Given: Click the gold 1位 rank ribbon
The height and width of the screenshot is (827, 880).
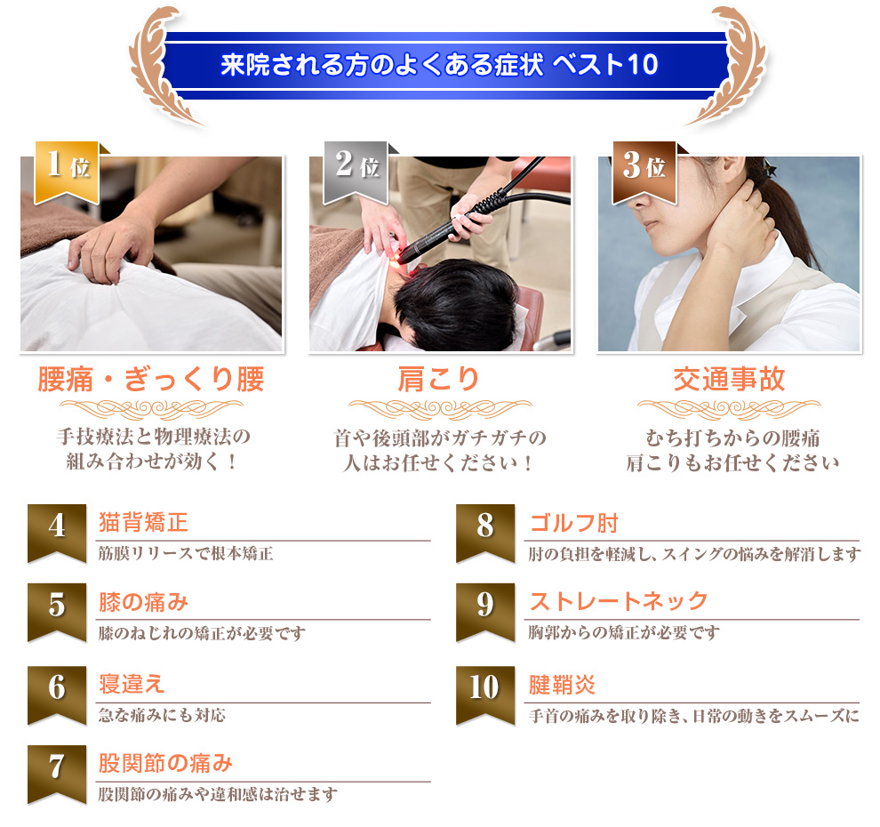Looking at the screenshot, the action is [x=67, y=173].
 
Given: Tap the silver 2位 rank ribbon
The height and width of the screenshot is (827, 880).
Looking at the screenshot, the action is [x=356, y=173].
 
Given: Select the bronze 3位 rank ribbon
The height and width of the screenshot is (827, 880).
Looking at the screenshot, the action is [x=644, y=173].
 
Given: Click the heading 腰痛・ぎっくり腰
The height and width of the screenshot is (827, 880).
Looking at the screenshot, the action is [x=151, y=379].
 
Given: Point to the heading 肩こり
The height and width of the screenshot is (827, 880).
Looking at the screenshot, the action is [x=438, y=379].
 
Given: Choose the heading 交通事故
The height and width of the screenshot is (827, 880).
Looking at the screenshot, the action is [x=729, y=379].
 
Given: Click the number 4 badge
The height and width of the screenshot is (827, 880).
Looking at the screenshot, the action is [x=57, y=533].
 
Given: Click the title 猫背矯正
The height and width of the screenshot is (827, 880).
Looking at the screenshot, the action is [x=143, y=522].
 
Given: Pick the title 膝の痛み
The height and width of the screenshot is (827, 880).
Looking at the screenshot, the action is [x=143, y=602].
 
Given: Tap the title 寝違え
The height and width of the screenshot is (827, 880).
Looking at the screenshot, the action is [x=132, y=684].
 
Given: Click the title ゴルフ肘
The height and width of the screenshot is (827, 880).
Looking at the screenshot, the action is [x=573, y=523].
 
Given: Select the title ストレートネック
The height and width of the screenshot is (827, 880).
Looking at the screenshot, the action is [x=619, y=601].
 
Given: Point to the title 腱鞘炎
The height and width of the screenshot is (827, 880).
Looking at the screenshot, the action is [x=562, y=685].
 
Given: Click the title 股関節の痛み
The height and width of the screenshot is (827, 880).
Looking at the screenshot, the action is [x=165, y=763].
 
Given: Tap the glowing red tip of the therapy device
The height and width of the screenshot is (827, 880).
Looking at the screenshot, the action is [x=395, y=260].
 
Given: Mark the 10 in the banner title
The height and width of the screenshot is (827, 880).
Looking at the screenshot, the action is [x=644, y=65].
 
